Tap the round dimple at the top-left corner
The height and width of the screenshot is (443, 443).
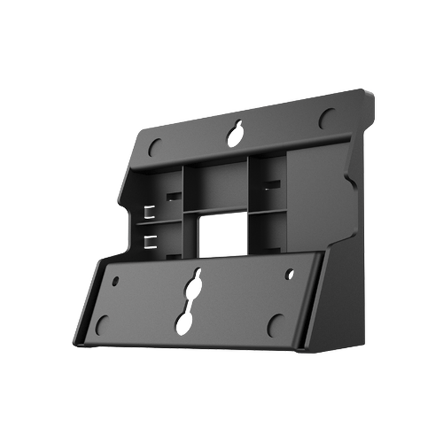coord(155,147)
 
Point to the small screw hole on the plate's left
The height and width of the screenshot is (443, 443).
coord(116,280)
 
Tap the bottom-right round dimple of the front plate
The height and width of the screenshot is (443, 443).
coord(276,323)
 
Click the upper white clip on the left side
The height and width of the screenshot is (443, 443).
coord(149,212)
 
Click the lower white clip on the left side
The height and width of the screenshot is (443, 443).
coord(151,241)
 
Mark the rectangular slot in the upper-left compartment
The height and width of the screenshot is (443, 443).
coord(173,196)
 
